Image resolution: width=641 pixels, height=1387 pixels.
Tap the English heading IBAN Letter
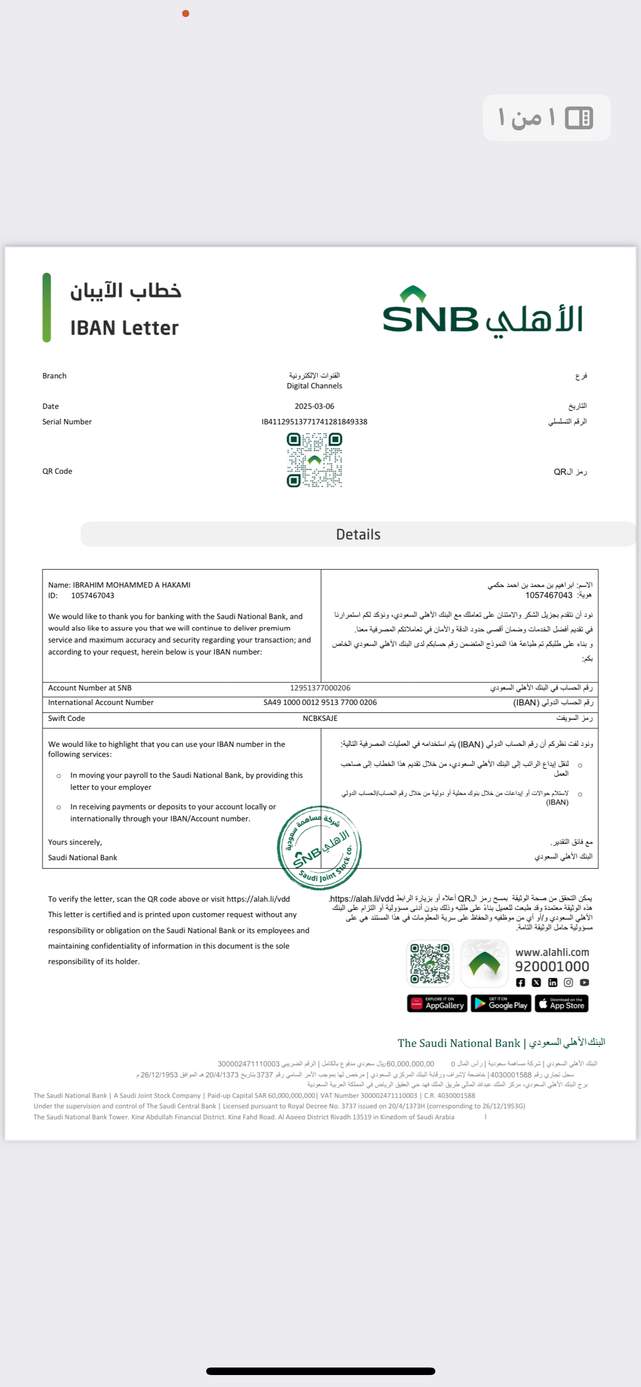(124, 328)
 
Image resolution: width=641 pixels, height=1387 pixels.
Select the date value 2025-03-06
(315, 406)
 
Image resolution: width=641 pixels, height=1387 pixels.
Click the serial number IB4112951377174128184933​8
(315, 421)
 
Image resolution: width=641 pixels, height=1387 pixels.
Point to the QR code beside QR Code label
(315, 460)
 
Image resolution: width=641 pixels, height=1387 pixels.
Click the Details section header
(358, 534)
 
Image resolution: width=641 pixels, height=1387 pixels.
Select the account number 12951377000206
(320, 688)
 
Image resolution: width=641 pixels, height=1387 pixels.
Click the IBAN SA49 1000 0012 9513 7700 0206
(320, 702)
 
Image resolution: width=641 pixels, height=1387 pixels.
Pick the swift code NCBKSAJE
(320, 718)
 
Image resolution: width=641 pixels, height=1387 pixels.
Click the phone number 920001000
(552, 967)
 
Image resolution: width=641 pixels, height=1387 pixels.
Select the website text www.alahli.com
(552, 953)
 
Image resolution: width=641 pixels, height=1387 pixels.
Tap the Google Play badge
(501, 1004)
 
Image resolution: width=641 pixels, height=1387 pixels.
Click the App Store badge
(561, 1004)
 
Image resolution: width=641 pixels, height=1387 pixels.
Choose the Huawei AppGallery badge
(437, 1004)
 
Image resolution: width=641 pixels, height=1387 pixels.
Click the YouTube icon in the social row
(585, 983)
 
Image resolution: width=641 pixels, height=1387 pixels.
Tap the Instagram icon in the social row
(568, 983)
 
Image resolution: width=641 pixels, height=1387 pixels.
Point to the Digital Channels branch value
(315, 385)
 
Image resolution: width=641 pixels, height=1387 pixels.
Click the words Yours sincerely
(75, 842)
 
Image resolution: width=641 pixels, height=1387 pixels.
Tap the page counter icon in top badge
(579, 118)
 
